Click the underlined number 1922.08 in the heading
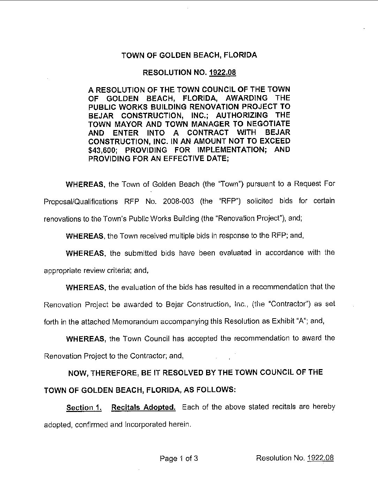pyautogui.click(x=223, y=72)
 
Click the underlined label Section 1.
pyautogui.click(x=84, y=408)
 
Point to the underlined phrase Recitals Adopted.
pyautogui.click(x=143, y=407)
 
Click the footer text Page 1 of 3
pyautogui.click(x=179, y=458)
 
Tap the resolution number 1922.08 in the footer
pyautogui.click(x=320, y=458)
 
